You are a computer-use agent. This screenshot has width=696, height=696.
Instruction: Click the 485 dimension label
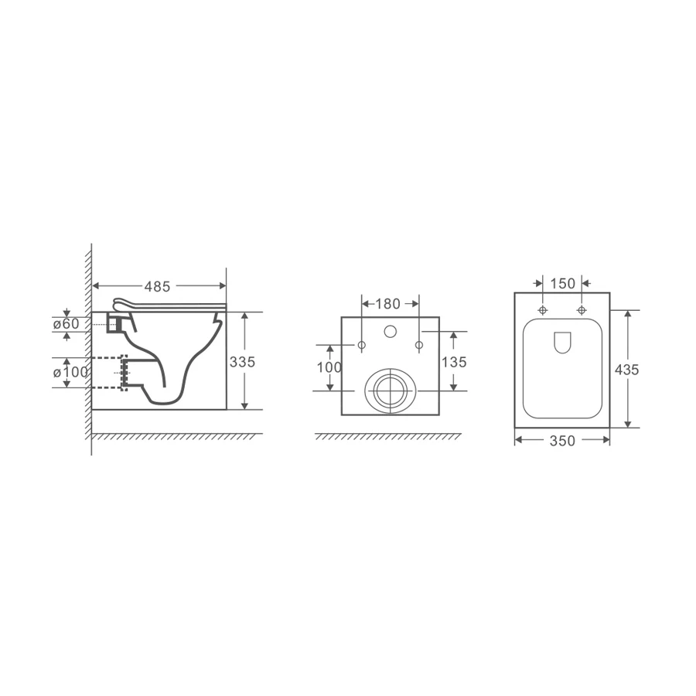click(x=157, y=287)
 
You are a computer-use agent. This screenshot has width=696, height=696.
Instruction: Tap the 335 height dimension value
click(x=242, y=362)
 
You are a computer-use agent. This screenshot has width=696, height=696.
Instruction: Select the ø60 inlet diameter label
click(x=67, y=324)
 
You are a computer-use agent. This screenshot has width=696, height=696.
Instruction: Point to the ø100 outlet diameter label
click(x=70, y=372)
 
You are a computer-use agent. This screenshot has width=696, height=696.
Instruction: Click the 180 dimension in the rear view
click(x=388, y=304)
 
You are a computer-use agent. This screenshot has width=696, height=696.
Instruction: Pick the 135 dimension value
click(x=454, y=362)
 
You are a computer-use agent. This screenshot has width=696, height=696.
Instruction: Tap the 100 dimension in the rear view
click(x=329, y=367)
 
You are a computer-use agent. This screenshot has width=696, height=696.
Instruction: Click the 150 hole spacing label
click(x=562, y=283)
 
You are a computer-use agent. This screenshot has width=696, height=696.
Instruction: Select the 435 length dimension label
click(x=626, y=370)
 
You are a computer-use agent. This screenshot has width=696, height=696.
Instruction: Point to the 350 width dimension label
click(x=562, y=441)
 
